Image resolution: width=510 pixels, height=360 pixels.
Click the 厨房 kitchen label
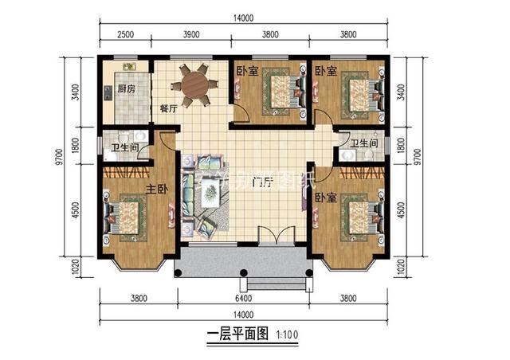point(126,89)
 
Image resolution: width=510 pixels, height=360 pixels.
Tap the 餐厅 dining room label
point(167,109)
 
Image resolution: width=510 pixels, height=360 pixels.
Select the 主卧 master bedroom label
point(155,190)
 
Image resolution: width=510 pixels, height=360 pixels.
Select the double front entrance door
point(276,238)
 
